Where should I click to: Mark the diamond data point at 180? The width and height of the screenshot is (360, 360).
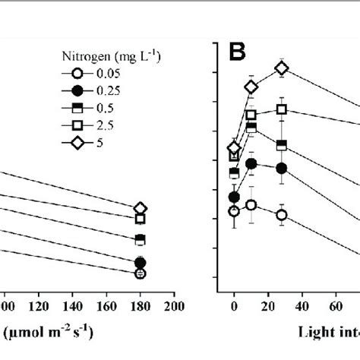[140, 208]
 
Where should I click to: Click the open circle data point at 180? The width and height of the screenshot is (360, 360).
[140, 273]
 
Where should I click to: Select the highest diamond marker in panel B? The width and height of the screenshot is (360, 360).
[282, 68]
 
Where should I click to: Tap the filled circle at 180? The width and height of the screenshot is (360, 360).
[140, 263]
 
